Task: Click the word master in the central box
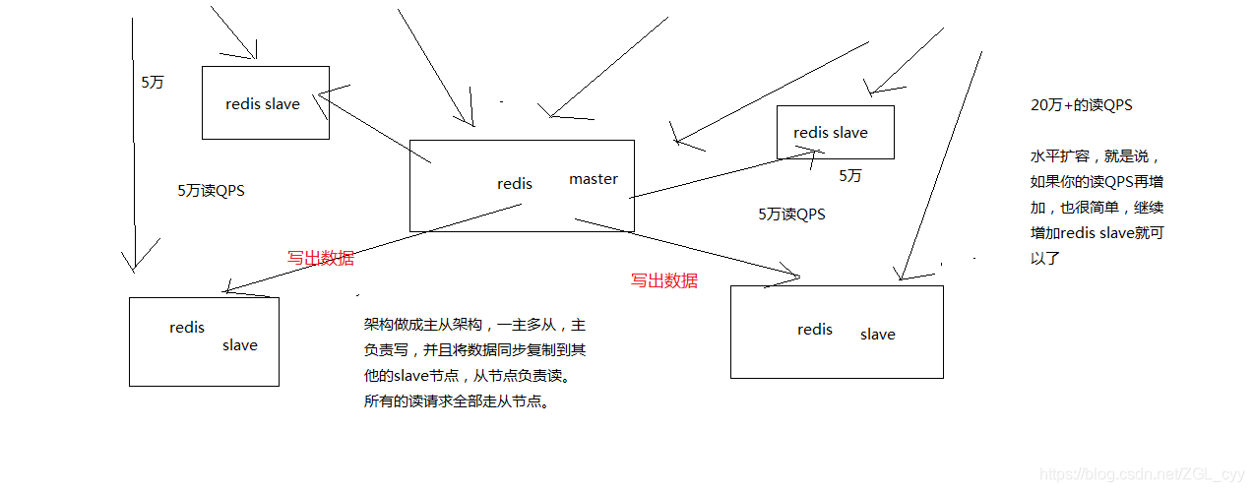tap(594, 179)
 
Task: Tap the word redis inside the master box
tap(515, 184)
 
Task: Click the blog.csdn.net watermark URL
tap(1142, 475)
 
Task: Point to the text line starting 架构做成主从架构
tap(474, 324)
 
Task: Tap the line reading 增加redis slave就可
tap(1097, 233)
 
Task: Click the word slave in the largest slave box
tap(877, 335)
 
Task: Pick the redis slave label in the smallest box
tap(831, 133)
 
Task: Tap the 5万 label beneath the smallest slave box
tap(850, 175)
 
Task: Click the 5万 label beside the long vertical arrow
tap(153, 83)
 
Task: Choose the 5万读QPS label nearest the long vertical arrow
tap(211, 191)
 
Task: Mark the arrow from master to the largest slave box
tap(689, 248)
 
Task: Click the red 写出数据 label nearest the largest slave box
tap(664, 280)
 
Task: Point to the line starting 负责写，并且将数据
tap(474, 349)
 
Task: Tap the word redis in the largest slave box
tap(815, 330)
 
